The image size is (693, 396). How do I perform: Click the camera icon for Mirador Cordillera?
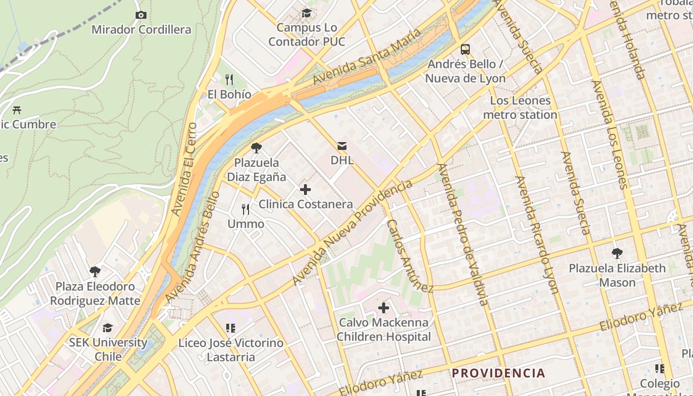pos(141,15)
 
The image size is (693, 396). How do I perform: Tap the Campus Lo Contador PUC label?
pos(307,35)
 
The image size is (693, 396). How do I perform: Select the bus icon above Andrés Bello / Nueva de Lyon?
pos(465,49)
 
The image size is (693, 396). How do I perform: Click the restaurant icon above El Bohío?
pos(229,79)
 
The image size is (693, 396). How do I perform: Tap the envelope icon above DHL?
pos(342,146)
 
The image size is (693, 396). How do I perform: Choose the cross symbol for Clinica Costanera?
pos(305,189)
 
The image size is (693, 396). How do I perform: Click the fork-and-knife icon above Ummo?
pos(246,209)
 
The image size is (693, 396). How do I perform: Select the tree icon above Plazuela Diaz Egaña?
pos(256,148)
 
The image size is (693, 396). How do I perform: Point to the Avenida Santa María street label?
pos(367,56)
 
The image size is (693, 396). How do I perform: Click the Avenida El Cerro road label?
pos(184,169)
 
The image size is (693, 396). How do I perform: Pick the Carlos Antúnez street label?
pos(409,255)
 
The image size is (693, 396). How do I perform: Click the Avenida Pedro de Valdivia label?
pos(462,234)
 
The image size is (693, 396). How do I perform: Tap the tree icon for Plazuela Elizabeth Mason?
pos(617,253)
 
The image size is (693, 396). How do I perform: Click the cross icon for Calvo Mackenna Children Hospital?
pos(384,308)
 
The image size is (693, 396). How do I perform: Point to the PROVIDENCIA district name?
pos(498,373)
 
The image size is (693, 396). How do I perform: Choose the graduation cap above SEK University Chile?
pos(107,328)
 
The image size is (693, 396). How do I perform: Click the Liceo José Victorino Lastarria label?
pos(231,349)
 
